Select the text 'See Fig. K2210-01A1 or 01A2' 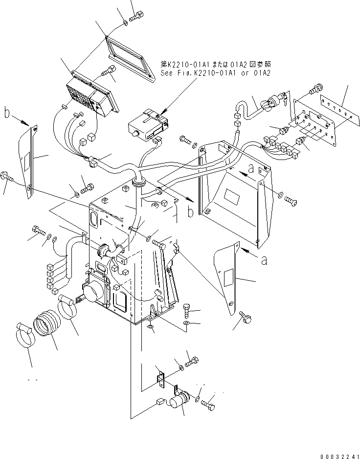click(x=216, y=72)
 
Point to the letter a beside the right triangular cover click(x=264, y=261)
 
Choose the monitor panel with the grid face click(x=93, y=98)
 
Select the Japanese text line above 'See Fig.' click(x=215, y=64)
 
